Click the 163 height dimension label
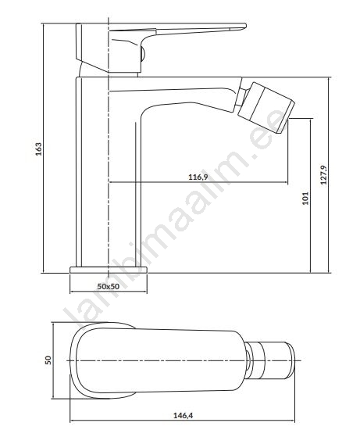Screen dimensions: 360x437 (x=39, y=149)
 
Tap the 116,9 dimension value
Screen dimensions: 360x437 (x=198, y=177)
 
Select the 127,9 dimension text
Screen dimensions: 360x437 (x=324, y=175)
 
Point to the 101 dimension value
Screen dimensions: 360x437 (x=305, y=198)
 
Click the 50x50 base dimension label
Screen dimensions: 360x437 (x=109, y=286)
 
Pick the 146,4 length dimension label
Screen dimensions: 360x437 (x=184, y=415)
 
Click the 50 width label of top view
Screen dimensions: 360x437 (x=48, y=360)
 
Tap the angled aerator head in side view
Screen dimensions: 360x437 (x=266, y=108)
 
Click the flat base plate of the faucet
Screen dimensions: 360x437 (x=109, y=270)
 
